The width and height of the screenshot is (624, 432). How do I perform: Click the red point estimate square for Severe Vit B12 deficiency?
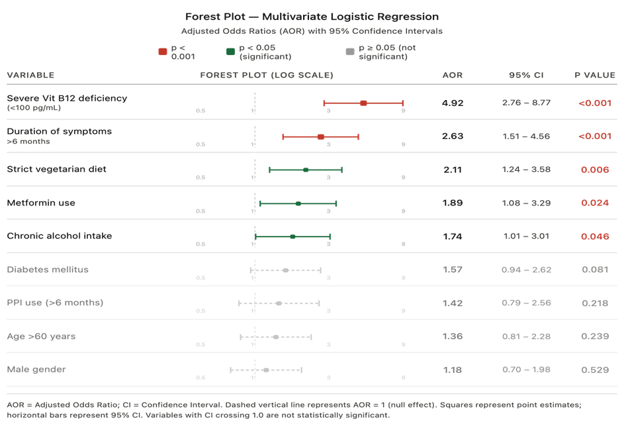click(363, 103)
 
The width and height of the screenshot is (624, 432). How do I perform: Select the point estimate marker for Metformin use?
click(298, 203)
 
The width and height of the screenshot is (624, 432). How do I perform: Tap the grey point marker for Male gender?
click(266, 370)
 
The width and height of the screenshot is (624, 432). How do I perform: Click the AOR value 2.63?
click(453, 136)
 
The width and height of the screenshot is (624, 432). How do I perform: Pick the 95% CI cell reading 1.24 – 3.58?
click(526, 170)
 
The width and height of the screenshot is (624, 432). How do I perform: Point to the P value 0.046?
click(595, 237)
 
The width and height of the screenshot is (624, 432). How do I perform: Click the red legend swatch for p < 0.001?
click(163, 52)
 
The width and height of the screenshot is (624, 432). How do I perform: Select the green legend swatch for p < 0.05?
click(230, 52)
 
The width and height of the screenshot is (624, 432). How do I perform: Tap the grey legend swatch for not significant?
click(350, 52)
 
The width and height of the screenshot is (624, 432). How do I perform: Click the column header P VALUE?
click(595, 75)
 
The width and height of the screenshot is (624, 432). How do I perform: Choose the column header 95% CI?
click(526, 75)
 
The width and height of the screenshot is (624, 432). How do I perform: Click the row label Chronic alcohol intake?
click(60, 236)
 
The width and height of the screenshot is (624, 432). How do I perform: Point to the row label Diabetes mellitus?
click(48, 270)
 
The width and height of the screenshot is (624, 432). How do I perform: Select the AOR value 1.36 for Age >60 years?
click(453, 337)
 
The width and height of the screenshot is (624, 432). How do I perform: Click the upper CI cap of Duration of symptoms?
click(358, 136)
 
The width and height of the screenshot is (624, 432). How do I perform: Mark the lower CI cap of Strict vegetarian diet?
click(269, 170)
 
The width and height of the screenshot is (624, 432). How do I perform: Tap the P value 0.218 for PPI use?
click(595, 303)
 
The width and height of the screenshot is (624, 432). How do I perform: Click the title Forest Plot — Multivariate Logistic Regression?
click(312, 17)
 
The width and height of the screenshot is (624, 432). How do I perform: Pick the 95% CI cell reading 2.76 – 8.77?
click(526, 103)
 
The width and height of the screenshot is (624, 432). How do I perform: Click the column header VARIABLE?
click(30, 75)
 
